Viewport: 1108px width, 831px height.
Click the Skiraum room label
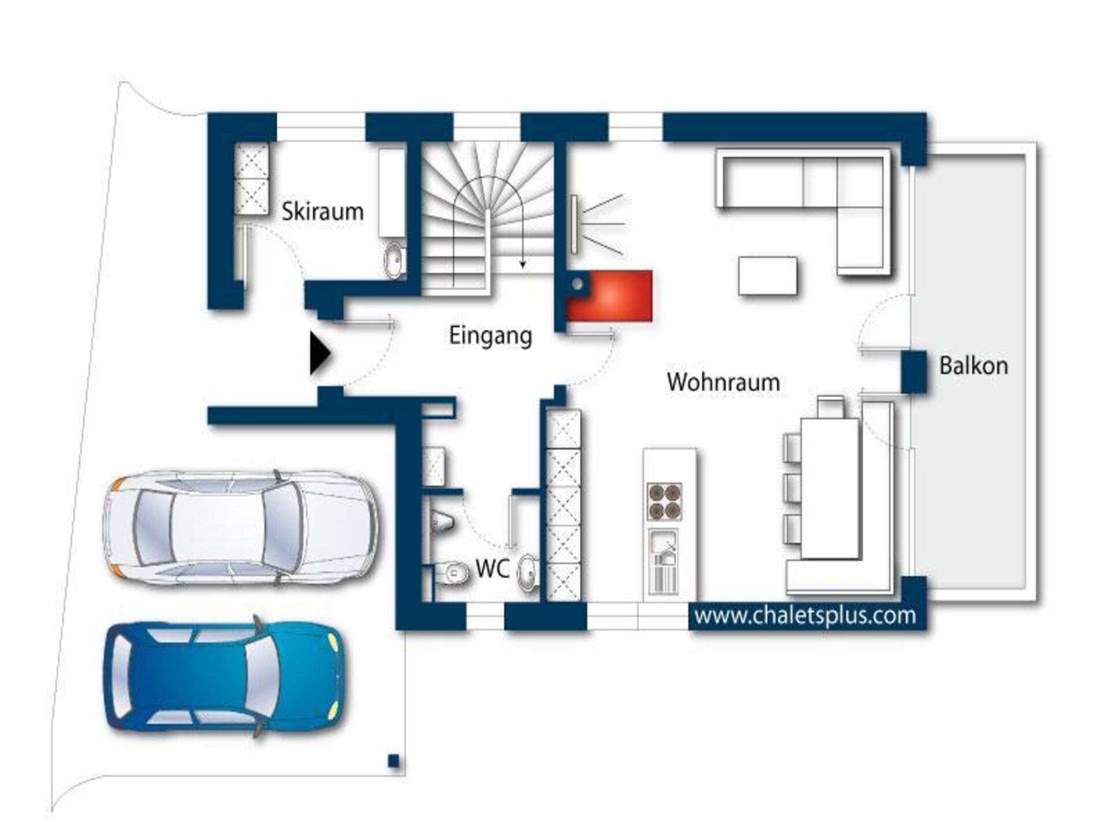click(x=323, y=212)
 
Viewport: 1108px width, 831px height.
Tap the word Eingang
click(x=491, y=336)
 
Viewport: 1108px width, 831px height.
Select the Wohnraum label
click(x=723, y=382)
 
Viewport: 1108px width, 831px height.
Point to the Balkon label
click(x=974, y=366)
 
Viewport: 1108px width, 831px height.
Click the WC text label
click(x=492, y=569)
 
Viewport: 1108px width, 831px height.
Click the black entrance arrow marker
click(x=320, y=353)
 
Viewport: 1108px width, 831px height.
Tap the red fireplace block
click(x=609, y=295)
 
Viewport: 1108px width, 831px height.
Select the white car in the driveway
click(x=240, y=528)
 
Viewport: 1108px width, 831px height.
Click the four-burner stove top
click(x=664, y=502)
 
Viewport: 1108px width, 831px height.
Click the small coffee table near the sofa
click(x=768, y=276)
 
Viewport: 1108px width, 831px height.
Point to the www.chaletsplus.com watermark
click(x=805, y=616)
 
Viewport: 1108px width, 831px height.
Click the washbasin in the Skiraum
click(x=395, y=260)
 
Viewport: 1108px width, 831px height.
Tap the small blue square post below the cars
click(x=394, y=761)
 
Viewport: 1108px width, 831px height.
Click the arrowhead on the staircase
click(x=523, y=264)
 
